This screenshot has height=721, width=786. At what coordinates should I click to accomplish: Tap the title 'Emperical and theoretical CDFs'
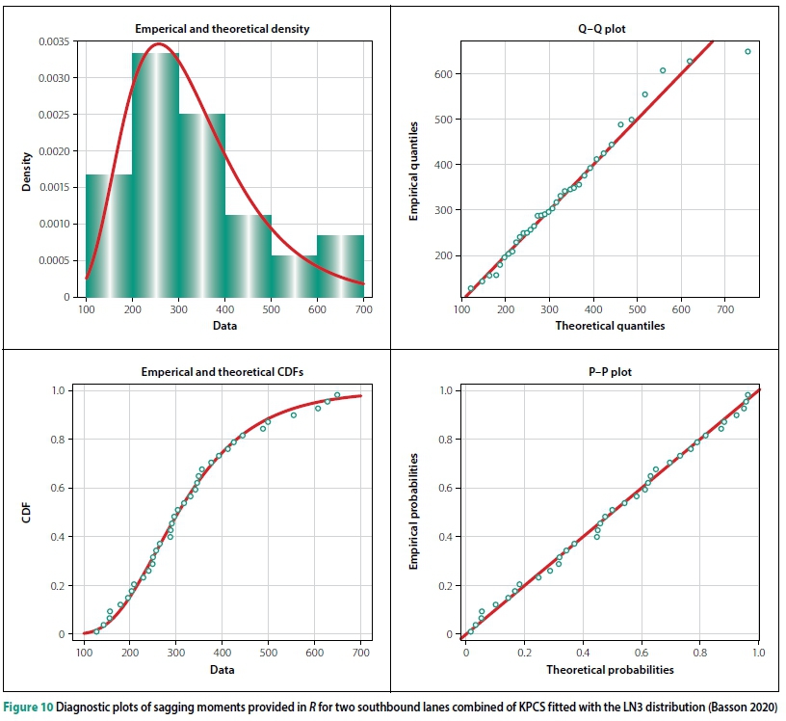222,370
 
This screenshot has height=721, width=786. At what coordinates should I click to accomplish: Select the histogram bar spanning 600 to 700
340,266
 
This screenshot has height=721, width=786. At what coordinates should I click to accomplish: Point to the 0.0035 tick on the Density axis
54,41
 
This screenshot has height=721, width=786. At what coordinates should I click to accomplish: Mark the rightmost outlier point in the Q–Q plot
747,51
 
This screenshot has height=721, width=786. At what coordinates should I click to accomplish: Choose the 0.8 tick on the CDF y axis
64,440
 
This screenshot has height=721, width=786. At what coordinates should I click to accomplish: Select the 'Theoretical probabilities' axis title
610,669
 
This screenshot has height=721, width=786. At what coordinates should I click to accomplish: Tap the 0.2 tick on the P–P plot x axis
525,652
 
